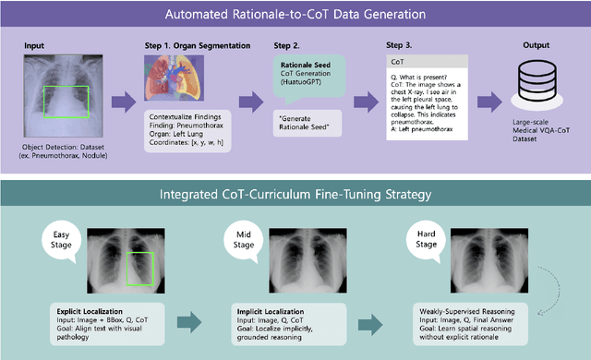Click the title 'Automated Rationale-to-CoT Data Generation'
tap(295, 16)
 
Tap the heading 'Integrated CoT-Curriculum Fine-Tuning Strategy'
tap(295, 194)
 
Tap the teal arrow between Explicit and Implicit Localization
tap(190, 320)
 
